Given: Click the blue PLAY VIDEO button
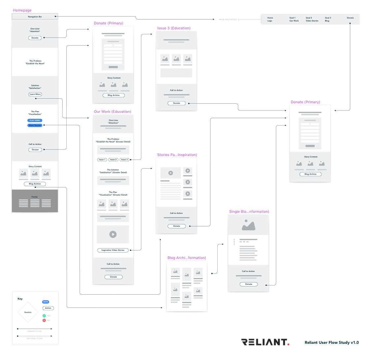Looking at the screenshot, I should tap(35, 120).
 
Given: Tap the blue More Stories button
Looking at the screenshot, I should tap(35, 125).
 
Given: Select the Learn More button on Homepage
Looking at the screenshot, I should tap(35, 94).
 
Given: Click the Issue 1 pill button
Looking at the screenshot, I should tap(102, 160).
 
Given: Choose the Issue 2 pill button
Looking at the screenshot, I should tap(113, 160).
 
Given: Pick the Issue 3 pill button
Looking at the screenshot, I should tap(124, 160).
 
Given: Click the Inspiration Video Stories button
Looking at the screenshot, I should tap(113, 250).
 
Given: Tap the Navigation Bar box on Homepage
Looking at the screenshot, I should tap(35, 16).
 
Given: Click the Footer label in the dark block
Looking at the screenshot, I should tap(35, 197).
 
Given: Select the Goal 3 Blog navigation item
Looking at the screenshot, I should tap(328, 19).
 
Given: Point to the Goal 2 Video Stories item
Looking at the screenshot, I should tap(312, 19).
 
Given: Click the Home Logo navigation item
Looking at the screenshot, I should tap(270, 19).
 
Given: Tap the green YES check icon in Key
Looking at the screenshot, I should tap(44, 316).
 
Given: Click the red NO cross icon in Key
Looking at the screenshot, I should tap(44, 320).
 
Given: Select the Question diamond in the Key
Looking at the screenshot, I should tap(28, 312).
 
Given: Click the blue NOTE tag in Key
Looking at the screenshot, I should tap(46, 302).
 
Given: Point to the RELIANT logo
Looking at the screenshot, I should tap(265, 342).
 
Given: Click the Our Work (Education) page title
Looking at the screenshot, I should tap(112, 112).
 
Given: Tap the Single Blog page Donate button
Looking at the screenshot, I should tap(249, 284).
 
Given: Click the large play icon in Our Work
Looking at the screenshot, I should tap(113, 234).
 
